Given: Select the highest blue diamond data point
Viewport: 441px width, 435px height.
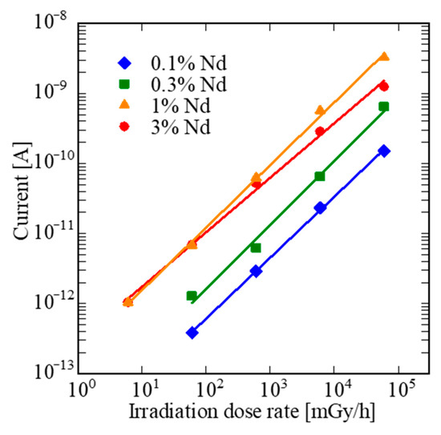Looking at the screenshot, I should (384, 151).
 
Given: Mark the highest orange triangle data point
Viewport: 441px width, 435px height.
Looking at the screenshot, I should (384, 57).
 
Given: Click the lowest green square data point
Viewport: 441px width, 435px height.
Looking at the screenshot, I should (192, 296).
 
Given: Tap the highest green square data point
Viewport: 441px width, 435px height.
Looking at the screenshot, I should (384, 107).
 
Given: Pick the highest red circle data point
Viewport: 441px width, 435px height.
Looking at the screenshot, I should (384, 87).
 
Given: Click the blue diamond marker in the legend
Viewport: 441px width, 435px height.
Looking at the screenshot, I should (123, 62).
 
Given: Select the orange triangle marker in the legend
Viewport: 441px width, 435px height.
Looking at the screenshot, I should (123, 105).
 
